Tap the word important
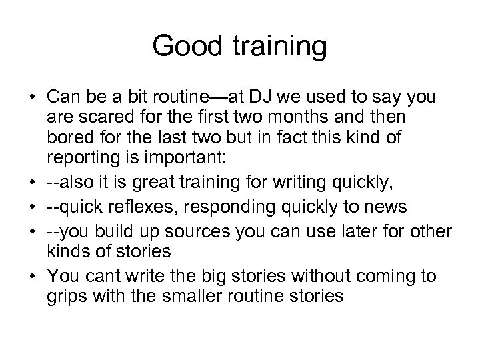tap(189, 161)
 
